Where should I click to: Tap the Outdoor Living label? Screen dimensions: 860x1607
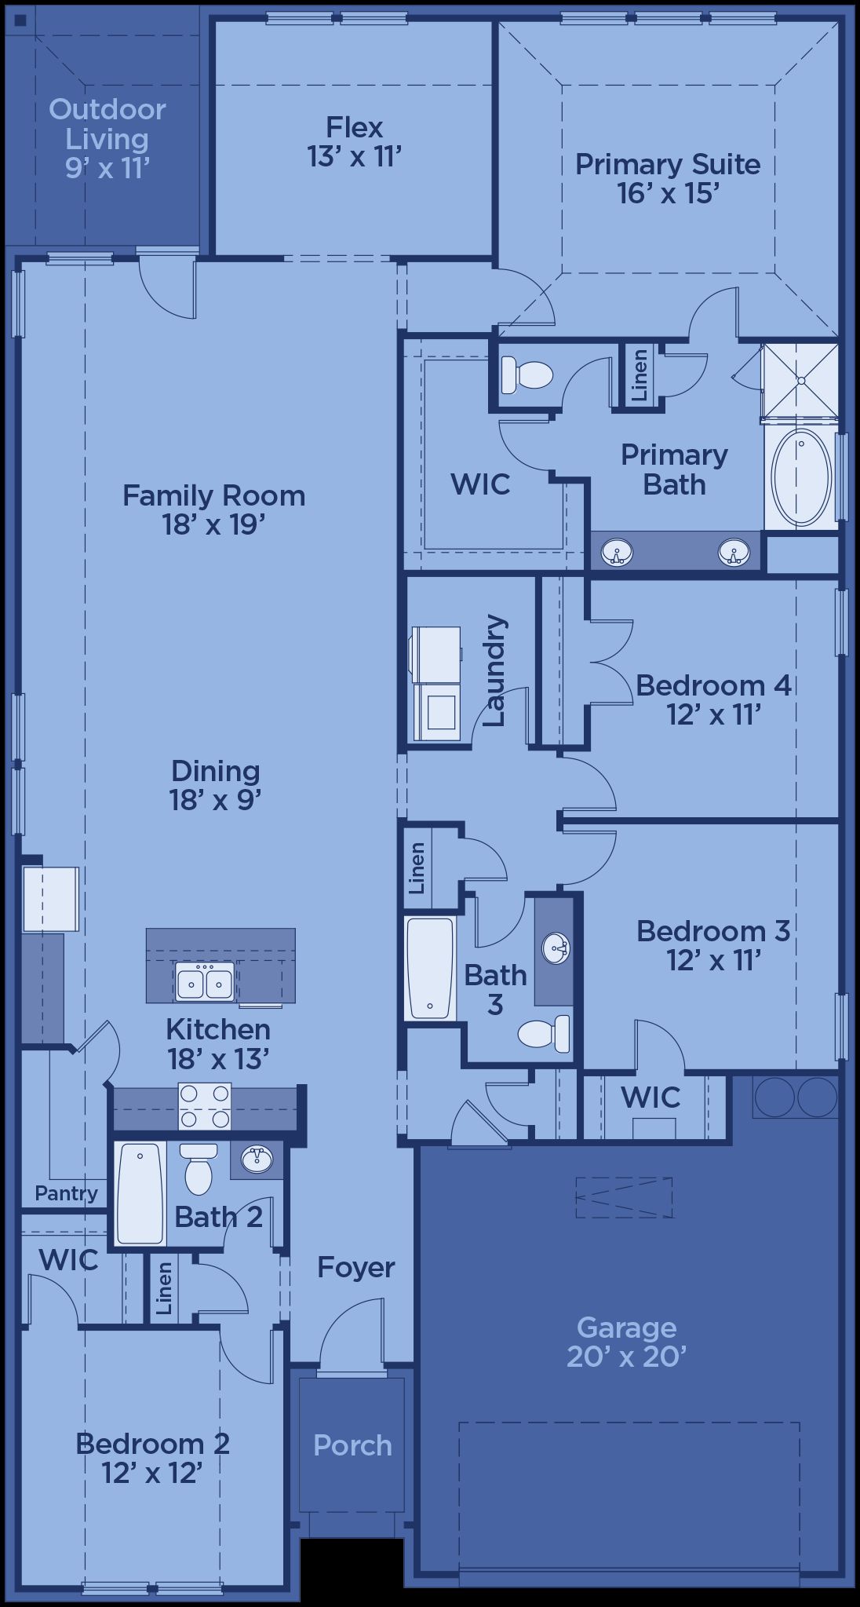pos(107,124)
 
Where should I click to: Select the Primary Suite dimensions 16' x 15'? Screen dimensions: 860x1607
pos(668,193)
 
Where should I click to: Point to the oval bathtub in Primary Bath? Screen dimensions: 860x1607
pos(800,477)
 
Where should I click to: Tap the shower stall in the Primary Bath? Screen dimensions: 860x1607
pos(800,382)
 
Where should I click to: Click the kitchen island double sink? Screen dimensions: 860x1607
pos(205,982)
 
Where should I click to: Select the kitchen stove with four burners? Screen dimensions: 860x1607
pos(205,1106)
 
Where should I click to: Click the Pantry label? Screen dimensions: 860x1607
pos(66,1194)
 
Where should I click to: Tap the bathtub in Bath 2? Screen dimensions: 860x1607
pos(140,1193)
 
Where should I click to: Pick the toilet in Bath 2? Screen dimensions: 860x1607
pos(198,1167)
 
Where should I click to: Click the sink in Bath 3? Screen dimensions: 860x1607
pos(556,949)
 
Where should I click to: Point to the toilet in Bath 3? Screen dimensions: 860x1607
pos(544,1034)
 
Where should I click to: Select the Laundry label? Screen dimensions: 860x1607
pos(495,670)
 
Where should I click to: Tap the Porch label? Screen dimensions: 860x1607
pos(352,1445)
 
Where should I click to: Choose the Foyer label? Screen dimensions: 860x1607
pos(355,1267)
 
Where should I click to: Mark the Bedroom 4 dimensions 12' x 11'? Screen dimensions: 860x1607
pos(714,714)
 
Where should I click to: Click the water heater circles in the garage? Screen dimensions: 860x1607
pos(796,1097)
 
